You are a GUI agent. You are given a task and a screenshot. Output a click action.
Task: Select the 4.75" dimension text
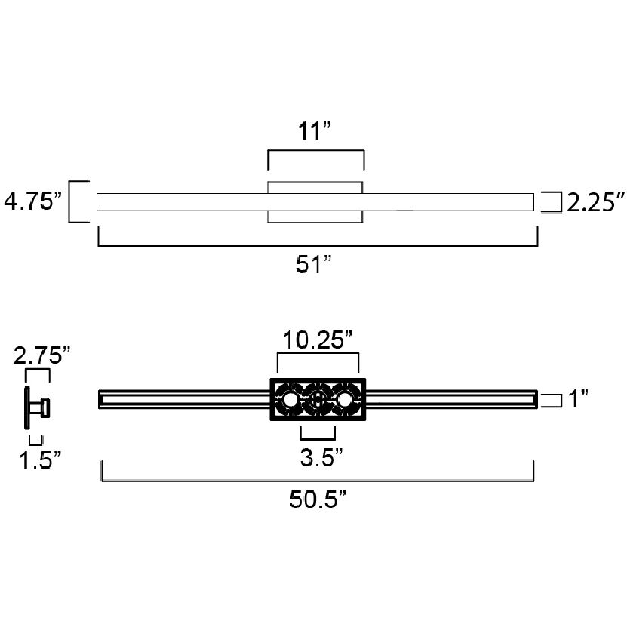32,202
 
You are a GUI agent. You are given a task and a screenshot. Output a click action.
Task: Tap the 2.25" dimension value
596,202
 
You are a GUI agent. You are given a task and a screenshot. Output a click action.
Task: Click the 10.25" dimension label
318,340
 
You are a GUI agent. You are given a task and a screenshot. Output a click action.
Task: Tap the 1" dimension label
579,399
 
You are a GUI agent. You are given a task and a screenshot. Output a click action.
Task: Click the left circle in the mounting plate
290,400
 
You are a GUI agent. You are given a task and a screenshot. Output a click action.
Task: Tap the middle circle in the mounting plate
318,400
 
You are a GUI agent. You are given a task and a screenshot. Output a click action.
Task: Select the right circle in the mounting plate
346,400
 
